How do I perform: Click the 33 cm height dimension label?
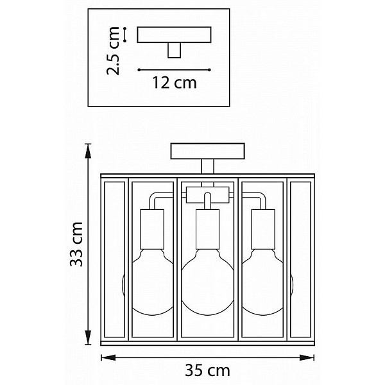(x=76, y=244)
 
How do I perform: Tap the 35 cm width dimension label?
(x=207, y=370)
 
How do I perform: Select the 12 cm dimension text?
(x=175, y=83)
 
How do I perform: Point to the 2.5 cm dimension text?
(x=113, y=51)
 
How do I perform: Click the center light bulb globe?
(x=208, y=282)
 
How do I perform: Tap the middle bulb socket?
(x=207, y=229)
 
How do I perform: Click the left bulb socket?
(x=152, y=229)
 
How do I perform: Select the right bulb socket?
(x=263, y=229)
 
